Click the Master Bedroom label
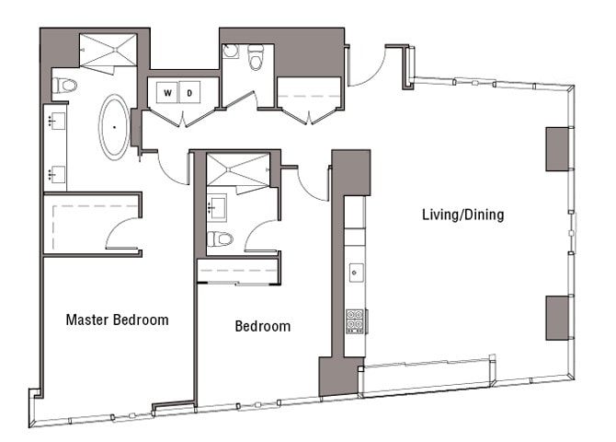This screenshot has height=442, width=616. pos(117,320)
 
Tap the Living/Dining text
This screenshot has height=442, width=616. pos(462,215)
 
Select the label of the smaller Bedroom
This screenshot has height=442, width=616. pos(262,326)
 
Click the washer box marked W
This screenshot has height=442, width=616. pos(168,93)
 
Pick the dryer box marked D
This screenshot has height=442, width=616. pos(191,93)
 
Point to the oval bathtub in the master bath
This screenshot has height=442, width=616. pos(115,126)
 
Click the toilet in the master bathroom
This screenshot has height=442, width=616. pos(64,86)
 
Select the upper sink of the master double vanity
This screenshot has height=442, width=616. pos(53,119)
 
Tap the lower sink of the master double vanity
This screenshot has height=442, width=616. pos(53,171)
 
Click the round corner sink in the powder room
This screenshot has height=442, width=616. pos(229,52)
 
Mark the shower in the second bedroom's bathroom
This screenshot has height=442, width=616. pos(237,172)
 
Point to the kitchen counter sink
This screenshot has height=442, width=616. pos(356,273)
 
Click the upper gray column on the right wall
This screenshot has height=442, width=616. pos(559,148)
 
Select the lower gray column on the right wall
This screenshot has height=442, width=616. pos(559,318)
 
